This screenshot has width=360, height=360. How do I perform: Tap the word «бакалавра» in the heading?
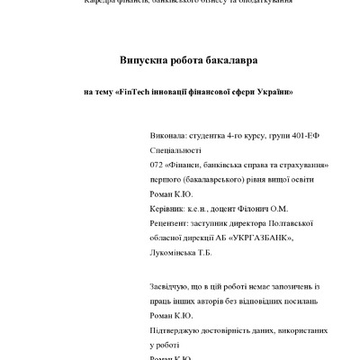tap(228, 60)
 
